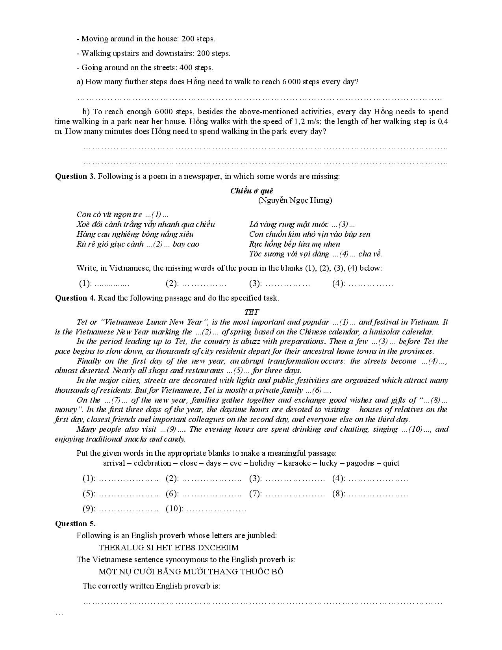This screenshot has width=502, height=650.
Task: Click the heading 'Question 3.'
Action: coord(75,176)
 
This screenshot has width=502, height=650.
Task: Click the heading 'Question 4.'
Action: coord(75,298)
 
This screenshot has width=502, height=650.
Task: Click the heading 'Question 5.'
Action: coord(75,524)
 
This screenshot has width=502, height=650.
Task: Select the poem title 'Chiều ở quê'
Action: coord(252,191)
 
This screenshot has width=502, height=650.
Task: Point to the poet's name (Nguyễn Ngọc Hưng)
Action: coord(295,201)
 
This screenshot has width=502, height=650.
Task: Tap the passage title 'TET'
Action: coord(252,312)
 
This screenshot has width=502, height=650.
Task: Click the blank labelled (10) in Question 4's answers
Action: coord(216,509)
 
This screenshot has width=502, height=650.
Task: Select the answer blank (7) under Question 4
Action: coord(295,494)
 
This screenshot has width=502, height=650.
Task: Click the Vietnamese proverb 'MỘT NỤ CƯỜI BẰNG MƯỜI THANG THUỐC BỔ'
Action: coord(191,572)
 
